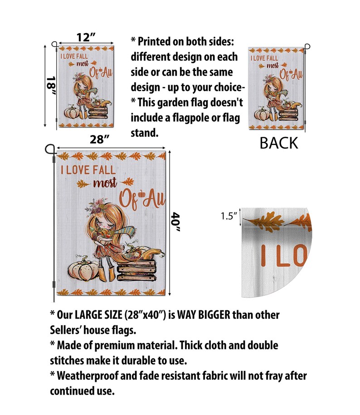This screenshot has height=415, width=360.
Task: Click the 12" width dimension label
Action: [86, 37]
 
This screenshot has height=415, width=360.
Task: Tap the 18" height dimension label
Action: [51, 86]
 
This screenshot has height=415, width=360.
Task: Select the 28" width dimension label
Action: [99, 139]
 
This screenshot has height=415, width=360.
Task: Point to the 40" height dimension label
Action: [176, 222]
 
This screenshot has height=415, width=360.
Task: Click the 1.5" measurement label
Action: [229, 216]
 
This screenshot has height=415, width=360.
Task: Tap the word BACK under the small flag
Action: [279, 143]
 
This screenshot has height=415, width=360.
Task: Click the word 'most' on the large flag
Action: [105, 183]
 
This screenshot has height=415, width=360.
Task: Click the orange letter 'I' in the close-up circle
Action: [263, 256]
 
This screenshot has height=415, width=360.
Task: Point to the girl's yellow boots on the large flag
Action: [107, 274]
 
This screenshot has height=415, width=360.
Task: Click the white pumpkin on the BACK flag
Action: [261, 114]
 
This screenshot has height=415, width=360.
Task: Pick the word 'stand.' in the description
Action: [144, 133]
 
